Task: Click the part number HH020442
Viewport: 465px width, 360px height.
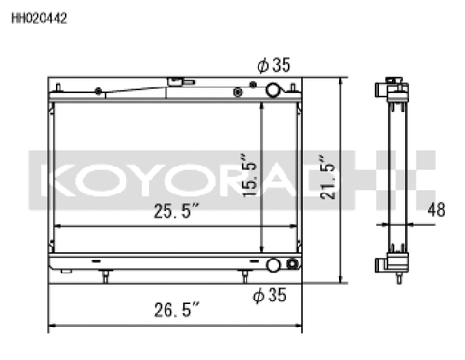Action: [38, 17]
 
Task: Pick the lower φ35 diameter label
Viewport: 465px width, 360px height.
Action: [271, 296]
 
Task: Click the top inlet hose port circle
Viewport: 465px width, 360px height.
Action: [273, 90]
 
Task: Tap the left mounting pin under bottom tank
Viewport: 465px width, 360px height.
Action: [107, 275]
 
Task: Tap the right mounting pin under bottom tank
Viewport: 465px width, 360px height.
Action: [245, 275]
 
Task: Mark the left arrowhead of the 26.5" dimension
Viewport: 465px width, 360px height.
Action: [50, 326]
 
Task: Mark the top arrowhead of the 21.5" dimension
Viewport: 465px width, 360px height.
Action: [343, 82]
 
